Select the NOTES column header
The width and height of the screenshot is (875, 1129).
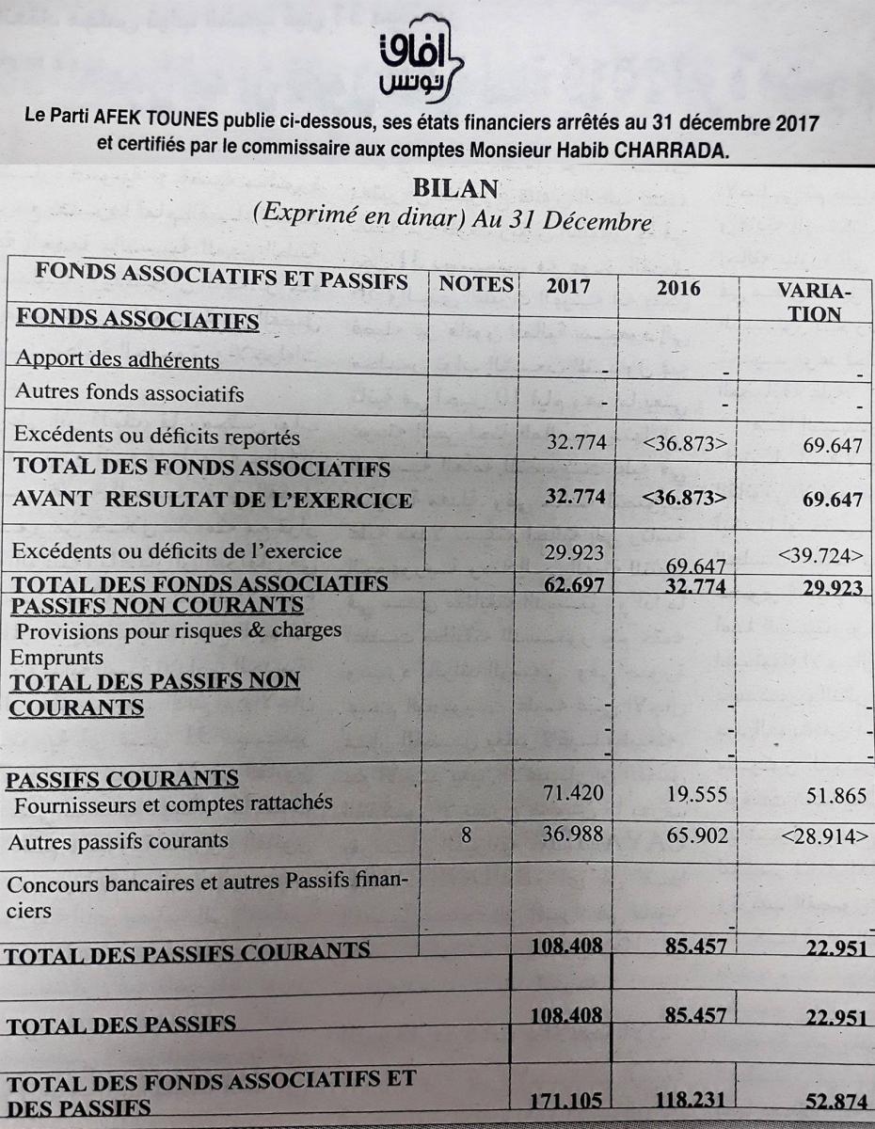(475, 283)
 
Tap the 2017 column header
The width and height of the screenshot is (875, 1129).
(568, 286)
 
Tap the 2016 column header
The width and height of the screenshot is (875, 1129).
(677, 288)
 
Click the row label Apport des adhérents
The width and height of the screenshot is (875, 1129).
(118, 359)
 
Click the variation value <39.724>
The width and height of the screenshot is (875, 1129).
(819, 555)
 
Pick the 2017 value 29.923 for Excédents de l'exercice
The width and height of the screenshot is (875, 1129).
(574, 552)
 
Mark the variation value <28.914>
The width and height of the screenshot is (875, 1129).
(819, 835)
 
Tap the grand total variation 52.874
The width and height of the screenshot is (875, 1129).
(835, 1102)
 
